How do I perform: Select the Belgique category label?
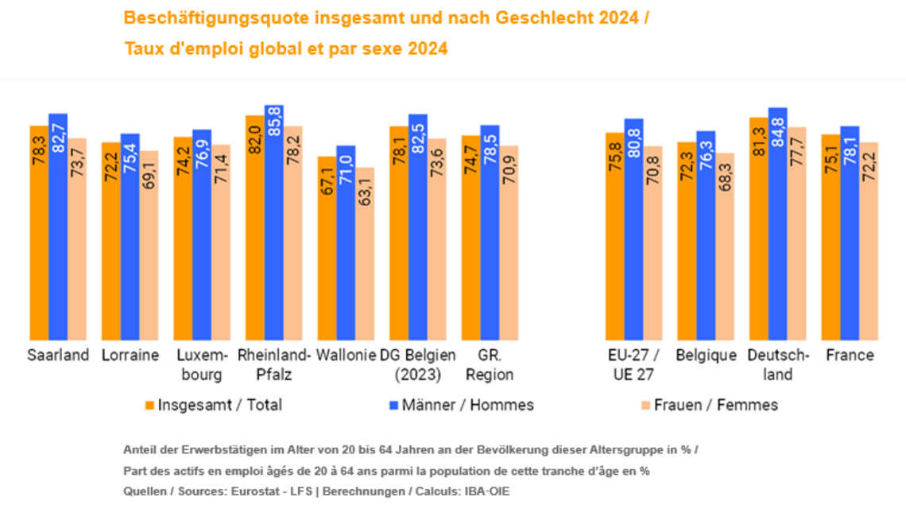[x=706, y=356]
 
